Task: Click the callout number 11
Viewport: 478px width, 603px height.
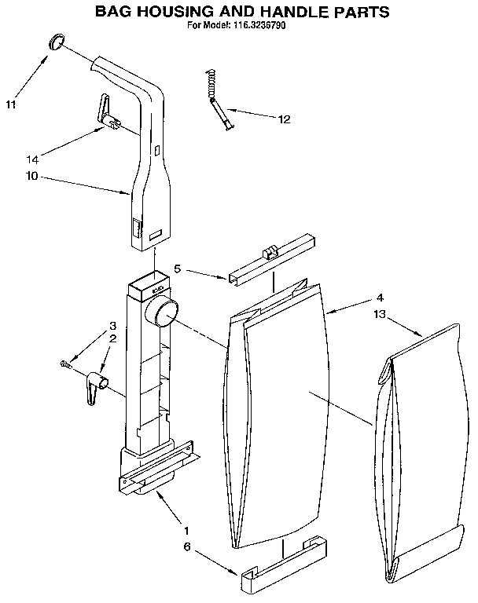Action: coord(12,104)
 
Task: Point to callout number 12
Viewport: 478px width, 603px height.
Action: coord(284,119)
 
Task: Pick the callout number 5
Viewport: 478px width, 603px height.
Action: coord(178,269)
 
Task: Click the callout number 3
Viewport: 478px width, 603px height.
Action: coord(113,326)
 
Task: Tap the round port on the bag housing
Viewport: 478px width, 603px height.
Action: coord(164,316)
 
